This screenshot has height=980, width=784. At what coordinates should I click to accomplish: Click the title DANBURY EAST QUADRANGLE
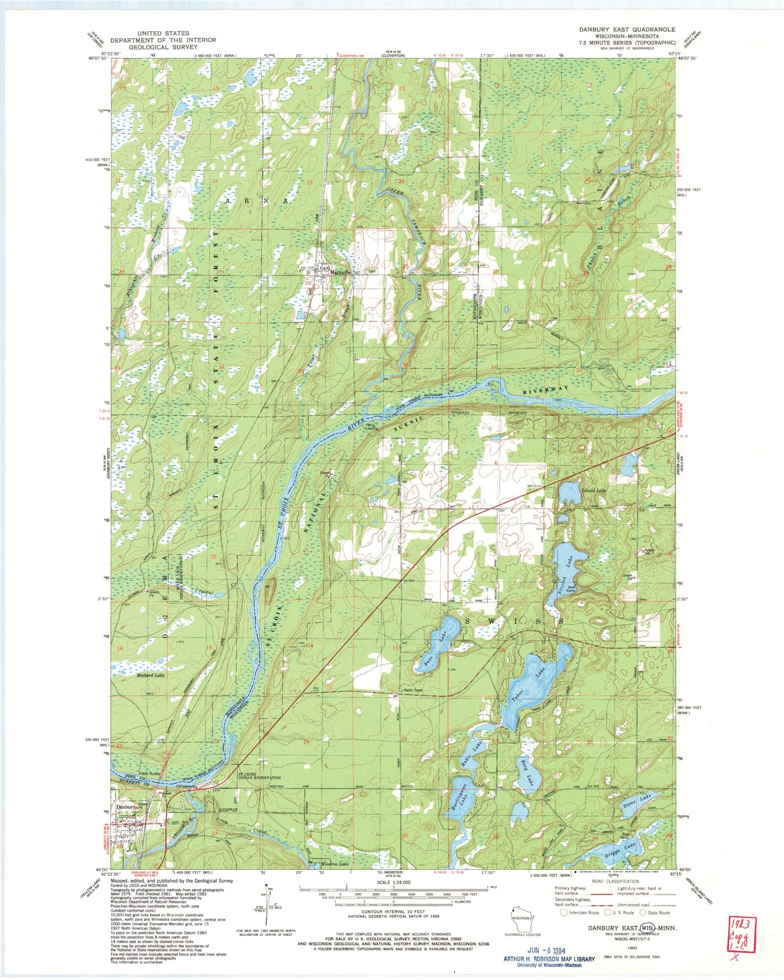pos(627,29)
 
